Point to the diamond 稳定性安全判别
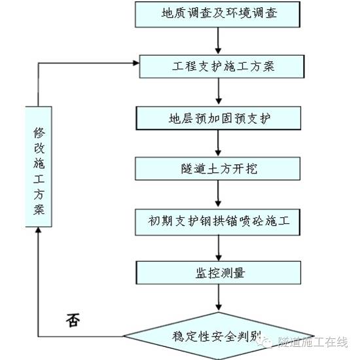[219, 336]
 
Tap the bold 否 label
[74, 319]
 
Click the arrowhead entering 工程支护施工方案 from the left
[135, 63]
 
